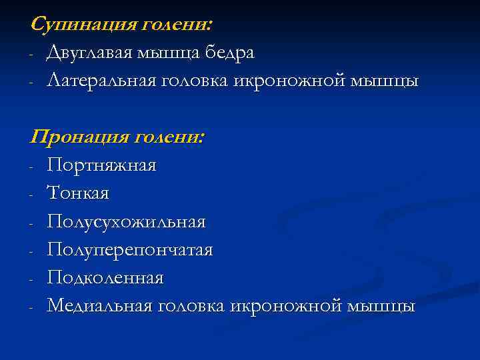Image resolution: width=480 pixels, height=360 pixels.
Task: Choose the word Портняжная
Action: [x=101, y=165]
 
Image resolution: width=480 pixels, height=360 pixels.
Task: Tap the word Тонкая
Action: [x=78, y=193]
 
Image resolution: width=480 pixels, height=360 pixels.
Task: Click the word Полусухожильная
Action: [x=126, y=221]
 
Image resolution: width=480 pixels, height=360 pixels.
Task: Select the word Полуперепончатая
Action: [x=130, y=250]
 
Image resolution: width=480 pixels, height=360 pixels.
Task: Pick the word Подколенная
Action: [x=105, y=278]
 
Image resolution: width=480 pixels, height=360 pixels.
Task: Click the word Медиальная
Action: [x=99, y=306]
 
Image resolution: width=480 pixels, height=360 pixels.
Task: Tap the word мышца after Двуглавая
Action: [x=163, y=53]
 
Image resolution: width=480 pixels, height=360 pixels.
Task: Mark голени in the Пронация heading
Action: [x=172, y=137]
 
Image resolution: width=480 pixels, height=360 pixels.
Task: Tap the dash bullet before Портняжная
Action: [x=32, y=167]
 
